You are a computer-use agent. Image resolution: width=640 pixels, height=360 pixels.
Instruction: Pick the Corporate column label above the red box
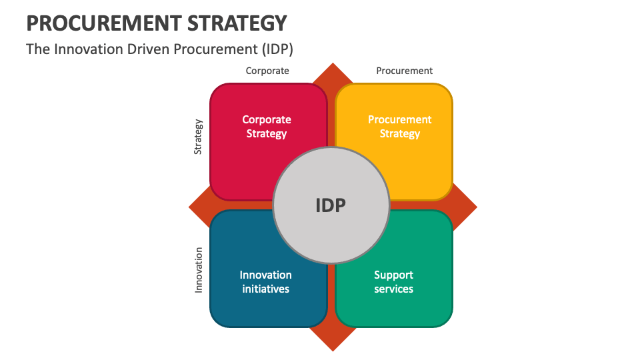[267, 71]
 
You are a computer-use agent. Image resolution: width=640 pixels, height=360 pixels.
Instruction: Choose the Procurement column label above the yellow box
[404, 71]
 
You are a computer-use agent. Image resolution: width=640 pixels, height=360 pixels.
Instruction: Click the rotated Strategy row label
[198, 137]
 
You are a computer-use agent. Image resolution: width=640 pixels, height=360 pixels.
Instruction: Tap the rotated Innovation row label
[199, 270]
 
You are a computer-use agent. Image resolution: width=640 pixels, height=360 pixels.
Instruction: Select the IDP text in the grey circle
[331, 205]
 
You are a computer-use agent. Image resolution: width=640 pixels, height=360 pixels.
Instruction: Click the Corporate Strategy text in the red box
[267, 127]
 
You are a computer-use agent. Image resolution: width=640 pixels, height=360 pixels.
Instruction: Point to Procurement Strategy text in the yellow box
[400, 127]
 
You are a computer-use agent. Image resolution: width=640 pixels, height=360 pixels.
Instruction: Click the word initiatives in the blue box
[266, 289]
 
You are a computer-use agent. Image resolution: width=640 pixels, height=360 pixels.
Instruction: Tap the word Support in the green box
[393, 275]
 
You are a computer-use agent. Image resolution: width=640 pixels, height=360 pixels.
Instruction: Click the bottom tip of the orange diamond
[332, 349]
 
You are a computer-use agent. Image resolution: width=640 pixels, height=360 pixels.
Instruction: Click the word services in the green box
[393, 289]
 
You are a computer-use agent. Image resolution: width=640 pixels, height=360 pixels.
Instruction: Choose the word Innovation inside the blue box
[266, 275]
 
